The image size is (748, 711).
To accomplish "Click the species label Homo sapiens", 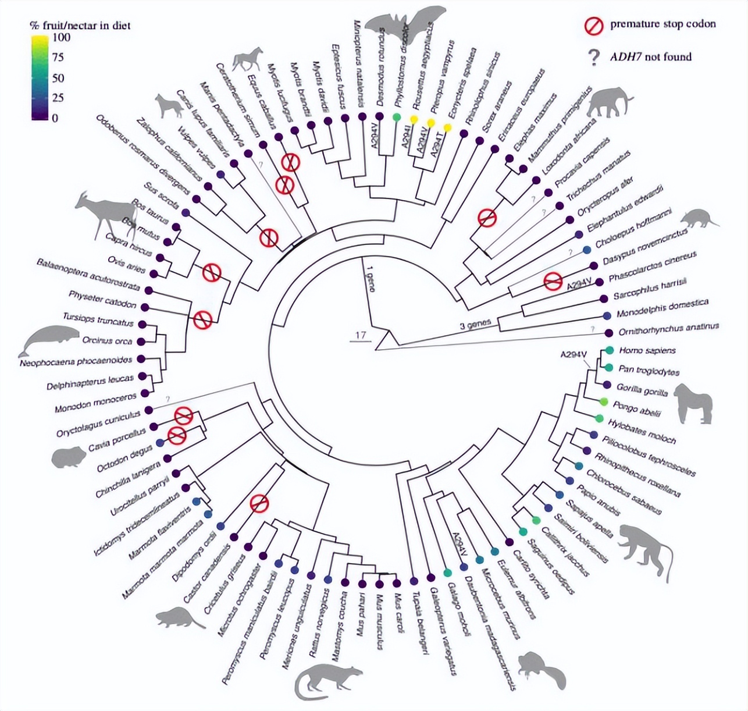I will coord(639,351).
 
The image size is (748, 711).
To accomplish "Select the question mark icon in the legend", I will coord(593,57).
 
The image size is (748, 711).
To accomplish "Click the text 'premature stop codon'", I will coord(662,24).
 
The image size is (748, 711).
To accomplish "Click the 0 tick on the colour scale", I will coord(55,118).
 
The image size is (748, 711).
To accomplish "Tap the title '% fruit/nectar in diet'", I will coord(80,25).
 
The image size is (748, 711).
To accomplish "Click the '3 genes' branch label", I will coord(475,324).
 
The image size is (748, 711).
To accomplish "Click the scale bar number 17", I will coord(360,335).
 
